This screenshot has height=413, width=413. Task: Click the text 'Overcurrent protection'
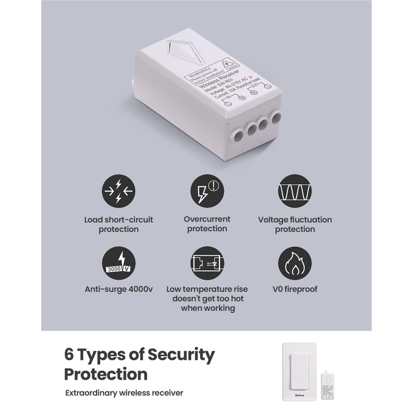coord(206,224)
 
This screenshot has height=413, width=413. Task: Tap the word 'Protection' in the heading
coord(105,373)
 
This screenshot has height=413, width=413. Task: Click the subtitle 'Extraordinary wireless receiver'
coord(124,393)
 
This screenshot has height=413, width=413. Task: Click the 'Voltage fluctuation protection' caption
coord(295,224)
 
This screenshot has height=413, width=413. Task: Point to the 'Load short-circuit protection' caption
coord(119,224)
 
